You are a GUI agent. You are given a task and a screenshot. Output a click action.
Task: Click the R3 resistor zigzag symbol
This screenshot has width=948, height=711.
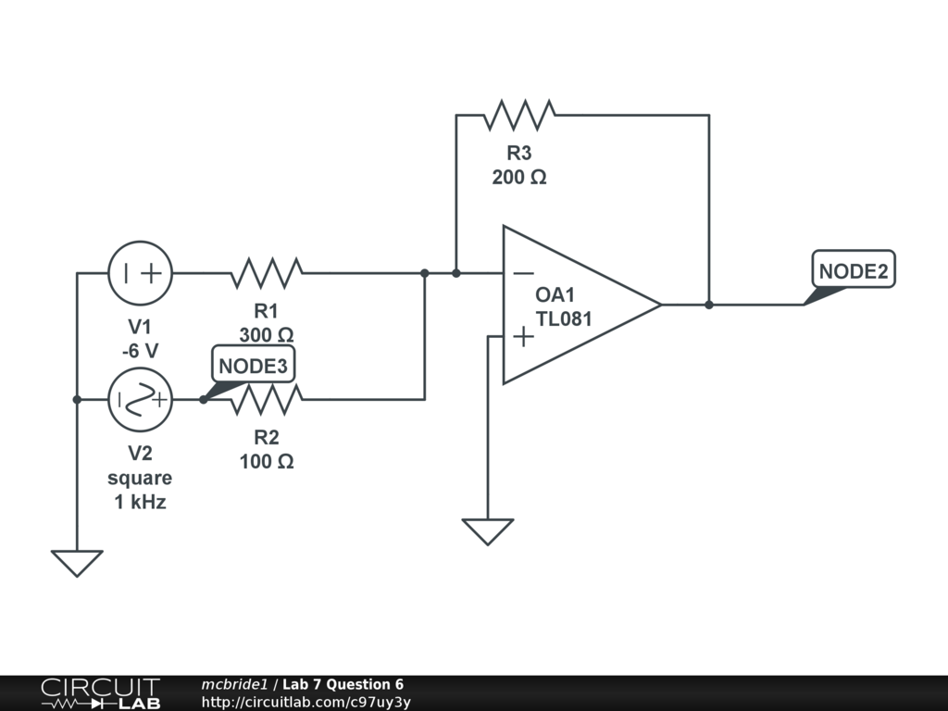pyautogui.click(x=519, y=115)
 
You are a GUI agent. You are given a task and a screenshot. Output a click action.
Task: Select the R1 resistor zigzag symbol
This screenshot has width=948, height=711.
pyautogui.click(x=267, y=273)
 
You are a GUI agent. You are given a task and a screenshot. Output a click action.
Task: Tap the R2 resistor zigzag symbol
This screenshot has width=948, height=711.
pyautogui.click(x=267, y=400)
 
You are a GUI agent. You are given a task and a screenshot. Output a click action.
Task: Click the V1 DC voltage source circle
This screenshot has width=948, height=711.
pyautogui.click(x=141, y=273)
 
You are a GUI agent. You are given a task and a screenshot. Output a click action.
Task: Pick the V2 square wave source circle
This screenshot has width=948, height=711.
pyautogui.click(x=141, y=400)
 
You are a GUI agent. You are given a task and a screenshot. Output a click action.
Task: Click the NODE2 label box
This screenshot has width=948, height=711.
pyautogui.click(x=853, y=269)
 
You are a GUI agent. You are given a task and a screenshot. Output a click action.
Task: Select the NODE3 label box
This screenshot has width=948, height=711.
pyautogui.click(x=254, y=364)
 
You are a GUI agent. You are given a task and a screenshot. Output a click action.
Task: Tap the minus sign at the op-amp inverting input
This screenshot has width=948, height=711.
pyautogui.click(x=524, y=274)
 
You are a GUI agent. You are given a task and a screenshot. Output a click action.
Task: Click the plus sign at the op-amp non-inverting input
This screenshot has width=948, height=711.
pyautogui.click(x=524, y=337)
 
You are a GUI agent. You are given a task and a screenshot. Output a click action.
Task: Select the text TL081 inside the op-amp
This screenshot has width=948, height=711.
pyautogui.click(x=564, y=318)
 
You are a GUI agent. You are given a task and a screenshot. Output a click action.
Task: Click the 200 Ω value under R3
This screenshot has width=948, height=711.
pyautogui.click(x=519, y=177)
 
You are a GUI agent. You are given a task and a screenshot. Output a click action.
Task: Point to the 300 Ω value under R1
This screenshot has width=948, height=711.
pyautogui.click(x=267, y=335)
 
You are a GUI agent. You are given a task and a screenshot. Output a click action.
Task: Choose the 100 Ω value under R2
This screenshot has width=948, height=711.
pyautogui.click(x=267, y=462)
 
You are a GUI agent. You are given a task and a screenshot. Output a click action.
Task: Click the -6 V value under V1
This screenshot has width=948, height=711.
pyautogui.click(x=141, y=351)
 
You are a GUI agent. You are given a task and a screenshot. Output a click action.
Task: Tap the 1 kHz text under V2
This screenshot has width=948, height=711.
pyautogui.click(x=141, y=502)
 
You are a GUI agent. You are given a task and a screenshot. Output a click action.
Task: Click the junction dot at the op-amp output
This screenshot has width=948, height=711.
pyautogui.click(x=709, y=305)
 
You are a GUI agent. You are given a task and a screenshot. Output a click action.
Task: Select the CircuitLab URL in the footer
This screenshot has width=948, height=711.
pyautogui.click(x=306, y=702)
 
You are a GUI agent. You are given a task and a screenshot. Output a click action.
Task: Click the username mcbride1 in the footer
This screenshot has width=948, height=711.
pyautogui.click(x=234, y=684)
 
